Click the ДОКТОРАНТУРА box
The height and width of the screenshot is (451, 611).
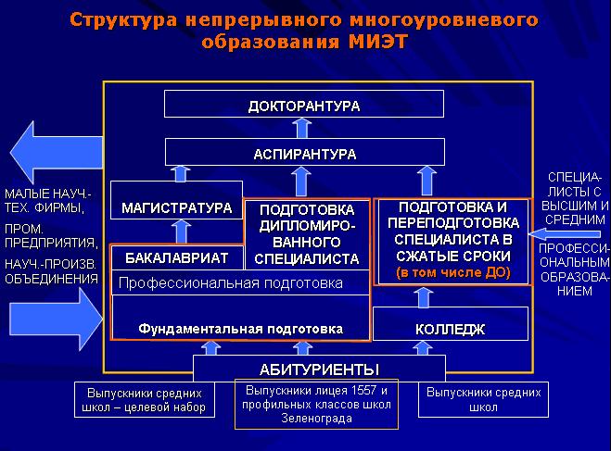tap(303, 106)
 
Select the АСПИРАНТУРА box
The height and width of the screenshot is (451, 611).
tap(303, 153)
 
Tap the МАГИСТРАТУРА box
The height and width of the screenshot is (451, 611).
tap(176, 208)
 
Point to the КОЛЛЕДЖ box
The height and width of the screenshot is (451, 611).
tap(450, 329)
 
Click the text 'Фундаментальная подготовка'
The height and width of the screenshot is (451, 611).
tap(240, 329)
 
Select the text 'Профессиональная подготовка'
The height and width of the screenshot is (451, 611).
tap(231, 282)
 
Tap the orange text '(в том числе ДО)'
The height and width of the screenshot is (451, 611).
tap(452, 273)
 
